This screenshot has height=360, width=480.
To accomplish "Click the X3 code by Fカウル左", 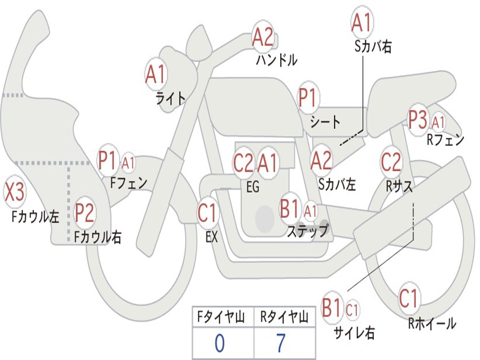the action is (x=14, y=192).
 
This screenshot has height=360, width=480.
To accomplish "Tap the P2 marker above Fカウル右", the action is (x=84, y=213).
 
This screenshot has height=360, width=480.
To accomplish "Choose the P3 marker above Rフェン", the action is (x=418, y=120).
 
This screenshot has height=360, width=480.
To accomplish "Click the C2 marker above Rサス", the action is (x=391, y=162).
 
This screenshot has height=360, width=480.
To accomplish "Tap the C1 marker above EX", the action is (x=208, y=212).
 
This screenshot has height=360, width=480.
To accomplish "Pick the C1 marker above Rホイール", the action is (x=409, y=299).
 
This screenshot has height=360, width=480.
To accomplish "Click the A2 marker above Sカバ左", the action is (x=321, y=160).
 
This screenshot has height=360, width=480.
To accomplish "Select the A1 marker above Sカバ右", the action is (x=362, y=23).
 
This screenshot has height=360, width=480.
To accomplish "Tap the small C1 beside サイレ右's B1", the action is (x=352, y=310).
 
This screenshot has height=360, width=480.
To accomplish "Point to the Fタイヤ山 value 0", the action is (x=220, y=343).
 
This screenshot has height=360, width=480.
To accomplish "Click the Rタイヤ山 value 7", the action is (x=281, y=343).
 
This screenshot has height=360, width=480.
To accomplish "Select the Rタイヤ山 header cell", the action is (x=285, y=317).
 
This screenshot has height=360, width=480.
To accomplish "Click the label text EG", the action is (x=253, y=187).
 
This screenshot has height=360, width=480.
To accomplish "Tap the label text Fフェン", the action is (x=129, y=183).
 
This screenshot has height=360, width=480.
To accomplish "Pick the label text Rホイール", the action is (x=432, y=323).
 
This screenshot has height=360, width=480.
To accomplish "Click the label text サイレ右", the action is (x=354, y=333).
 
